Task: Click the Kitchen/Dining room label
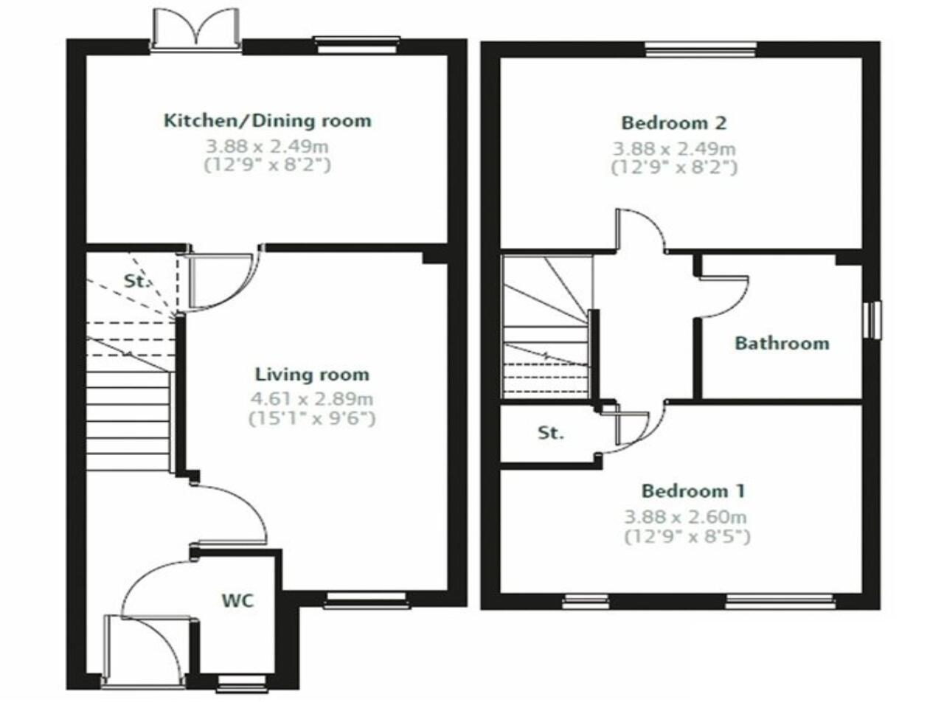pos(267,120)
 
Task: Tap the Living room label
pos(312,375)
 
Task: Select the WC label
pos(237,600)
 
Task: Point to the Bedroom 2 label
pos(674,122)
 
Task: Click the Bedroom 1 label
pos(693,491)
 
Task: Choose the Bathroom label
pos(782,343)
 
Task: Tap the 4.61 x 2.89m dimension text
pos(312,400)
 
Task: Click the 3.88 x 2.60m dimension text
pos(685,517)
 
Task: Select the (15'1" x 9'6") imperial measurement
pos(312,419)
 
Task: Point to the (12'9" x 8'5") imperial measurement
pos(687,537)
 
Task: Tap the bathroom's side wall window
pos(874,319)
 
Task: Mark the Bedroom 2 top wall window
pos(701,49)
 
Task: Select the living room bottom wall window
pos(366,600)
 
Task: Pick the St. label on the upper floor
pos(550,433)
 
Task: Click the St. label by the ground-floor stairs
pos(136,281)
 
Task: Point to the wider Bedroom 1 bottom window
pos(780,602)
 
